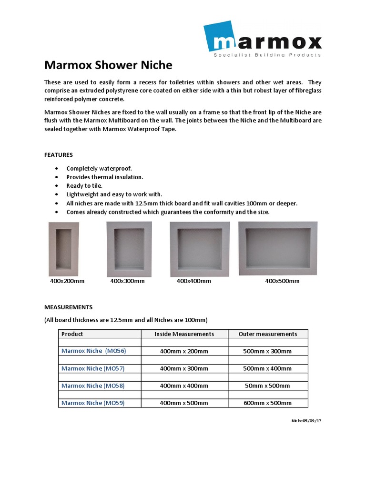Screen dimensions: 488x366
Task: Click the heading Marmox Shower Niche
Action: (108, 65)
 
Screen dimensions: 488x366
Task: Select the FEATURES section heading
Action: (59, 155)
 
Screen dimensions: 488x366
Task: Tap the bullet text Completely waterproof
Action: (99, 169)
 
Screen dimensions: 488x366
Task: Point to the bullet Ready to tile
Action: (84, 186)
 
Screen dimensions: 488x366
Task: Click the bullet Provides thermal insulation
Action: (105, 177)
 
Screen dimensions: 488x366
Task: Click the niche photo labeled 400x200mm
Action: (64, 249)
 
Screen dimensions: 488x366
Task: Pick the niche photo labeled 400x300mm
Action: (129, 249)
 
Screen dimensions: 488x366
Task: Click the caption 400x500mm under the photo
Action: (282, 281)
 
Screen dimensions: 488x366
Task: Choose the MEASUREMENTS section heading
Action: (69, 307)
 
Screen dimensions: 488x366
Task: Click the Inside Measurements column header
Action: (184, 334)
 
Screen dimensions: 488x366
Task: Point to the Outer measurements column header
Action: (268, 334)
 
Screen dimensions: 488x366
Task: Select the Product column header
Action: (72, 334)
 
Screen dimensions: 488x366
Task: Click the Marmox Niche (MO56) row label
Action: (94, 351)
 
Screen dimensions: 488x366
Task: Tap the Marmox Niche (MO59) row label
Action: (93, 403)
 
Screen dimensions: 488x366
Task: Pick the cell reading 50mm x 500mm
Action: (268, 386)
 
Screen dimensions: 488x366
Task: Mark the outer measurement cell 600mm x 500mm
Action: (268, 403)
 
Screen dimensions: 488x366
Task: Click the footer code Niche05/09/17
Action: (306, 421)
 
